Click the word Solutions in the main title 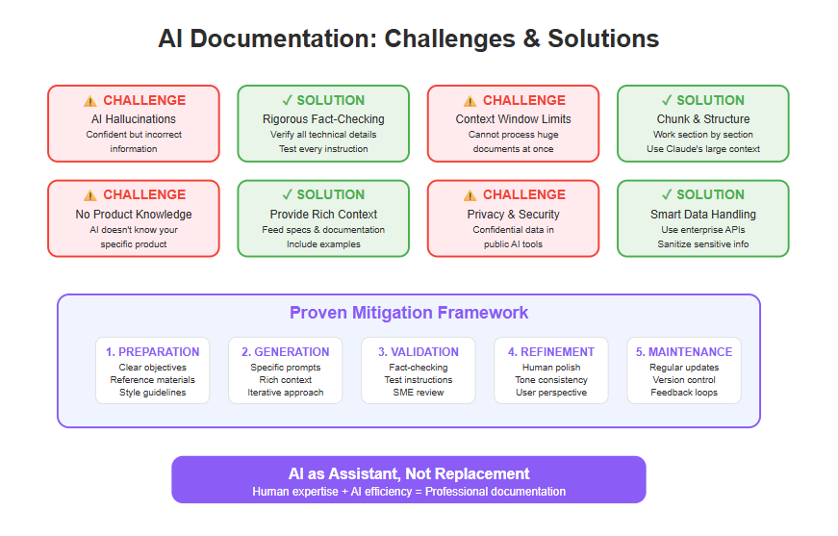point(603,39)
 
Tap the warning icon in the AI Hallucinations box point(90,100)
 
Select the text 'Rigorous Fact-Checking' point(323,119)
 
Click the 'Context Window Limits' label point(513,119)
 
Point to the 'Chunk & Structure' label point(702,119)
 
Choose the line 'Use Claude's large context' point(702,149)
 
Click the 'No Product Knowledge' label point(134,215)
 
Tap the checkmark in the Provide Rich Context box point(287,194)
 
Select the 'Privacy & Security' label point(513,215)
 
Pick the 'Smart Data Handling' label point(702,215)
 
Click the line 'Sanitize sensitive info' point(702,244)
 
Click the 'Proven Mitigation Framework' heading point(409,313)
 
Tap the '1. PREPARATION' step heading point(152,352)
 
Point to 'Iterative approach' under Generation point(286,393)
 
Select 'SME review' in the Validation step point(419,393)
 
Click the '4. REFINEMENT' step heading point(551,352)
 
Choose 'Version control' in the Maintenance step point(684,380)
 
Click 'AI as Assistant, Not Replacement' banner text point(409,474)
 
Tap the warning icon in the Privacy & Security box point(470,195)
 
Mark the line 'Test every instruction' point(323,149)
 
